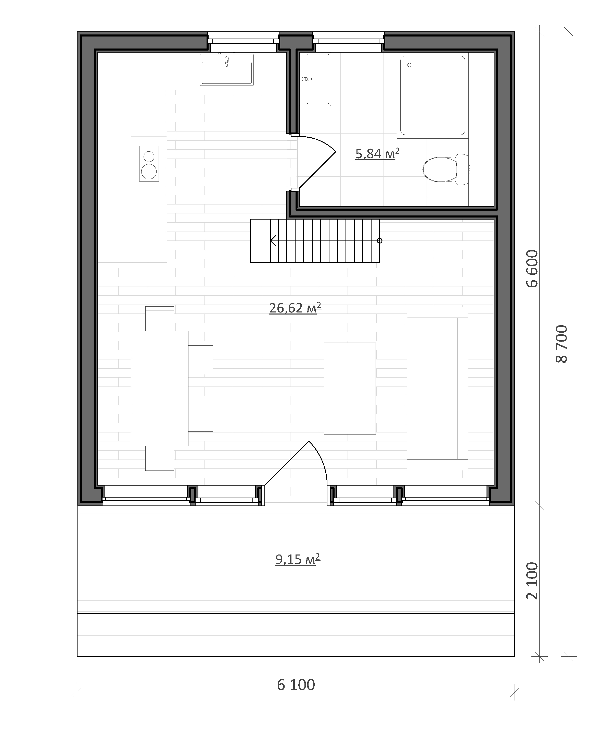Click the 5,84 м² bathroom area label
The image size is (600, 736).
[x=377, y=153]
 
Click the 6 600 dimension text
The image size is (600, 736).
[x=532, y=269]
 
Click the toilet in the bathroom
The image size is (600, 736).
[x=446, y=170]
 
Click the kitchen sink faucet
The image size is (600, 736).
[x=227, y=61]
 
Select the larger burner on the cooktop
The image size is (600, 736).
[x=149, y=172]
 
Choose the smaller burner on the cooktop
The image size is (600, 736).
[x=149, y=156]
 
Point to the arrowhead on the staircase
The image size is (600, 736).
[x=273, y=240]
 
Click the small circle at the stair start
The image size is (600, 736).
[x=379, y=241]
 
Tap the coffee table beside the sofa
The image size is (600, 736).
[x=350, y=388]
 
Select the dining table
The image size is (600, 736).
[x=160, y=388]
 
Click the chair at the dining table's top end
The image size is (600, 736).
[x=160, y=319]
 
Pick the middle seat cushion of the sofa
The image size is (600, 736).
[x=432, y=388]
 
